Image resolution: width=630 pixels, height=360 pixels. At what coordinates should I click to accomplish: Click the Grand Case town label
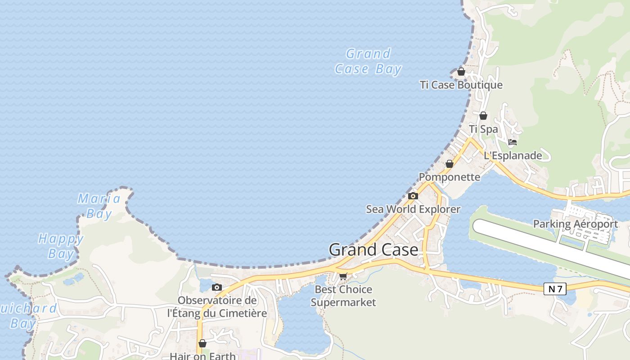point(373,250)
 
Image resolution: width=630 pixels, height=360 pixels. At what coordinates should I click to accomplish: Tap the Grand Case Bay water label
point(368,61)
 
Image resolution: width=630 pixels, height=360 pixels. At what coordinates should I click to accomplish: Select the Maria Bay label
point(99,206)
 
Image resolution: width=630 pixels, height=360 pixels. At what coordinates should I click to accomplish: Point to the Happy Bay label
point(61,246)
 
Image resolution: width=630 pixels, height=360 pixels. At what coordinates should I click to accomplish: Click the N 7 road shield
point(554,289)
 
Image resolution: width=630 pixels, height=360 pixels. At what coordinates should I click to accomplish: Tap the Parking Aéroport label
point(575,224)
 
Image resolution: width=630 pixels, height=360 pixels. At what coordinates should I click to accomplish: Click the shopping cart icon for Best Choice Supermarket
point(343,276)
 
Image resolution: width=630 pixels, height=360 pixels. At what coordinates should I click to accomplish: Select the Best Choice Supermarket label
point(343,296)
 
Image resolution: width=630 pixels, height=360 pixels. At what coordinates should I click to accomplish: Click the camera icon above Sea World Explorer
point(413,196)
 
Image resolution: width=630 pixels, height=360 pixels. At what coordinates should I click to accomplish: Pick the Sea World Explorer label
point(413,209)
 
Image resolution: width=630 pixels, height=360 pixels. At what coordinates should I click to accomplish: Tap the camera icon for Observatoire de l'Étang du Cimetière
point(217,287)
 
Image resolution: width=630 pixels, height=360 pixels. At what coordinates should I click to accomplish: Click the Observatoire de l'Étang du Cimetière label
point(217,306)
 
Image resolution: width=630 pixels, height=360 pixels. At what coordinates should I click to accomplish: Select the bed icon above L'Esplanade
point(512,143)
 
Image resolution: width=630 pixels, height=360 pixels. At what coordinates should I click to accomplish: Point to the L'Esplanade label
point(513,156)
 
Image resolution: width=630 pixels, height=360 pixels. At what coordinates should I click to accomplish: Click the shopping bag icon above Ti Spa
point(483,116)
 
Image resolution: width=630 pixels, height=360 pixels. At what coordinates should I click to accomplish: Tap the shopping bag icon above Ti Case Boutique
point(461,72)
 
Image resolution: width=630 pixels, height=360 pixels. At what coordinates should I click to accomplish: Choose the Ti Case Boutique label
point(461,85)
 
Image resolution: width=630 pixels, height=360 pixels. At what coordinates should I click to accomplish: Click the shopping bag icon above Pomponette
point(450,164)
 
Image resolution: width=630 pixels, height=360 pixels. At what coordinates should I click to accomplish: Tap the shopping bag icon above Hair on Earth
point(202,343)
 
